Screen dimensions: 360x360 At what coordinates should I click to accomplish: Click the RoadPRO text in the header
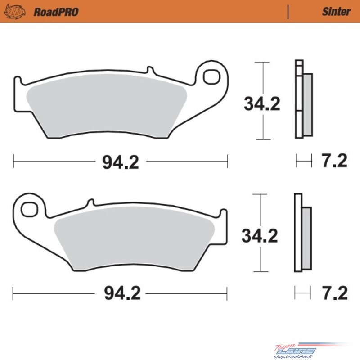[56, 12]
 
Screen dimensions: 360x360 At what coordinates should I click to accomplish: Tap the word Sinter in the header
[336, 12]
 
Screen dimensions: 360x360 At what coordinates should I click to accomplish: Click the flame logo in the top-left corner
[14, 11]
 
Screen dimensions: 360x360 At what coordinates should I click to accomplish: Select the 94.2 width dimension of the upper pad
[121, 162]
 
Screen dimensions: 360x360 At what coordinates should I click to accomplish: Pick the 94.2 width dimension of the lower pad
[122, 293]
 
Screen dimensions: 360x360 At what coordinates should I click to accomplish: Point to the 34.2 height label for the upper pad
[262, 104]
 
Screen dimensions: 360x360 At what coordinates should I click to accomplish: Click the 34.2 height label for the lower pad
[260, 236]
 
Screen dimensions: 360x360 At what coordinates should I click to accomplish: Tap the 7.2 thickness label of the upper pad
[334, 161]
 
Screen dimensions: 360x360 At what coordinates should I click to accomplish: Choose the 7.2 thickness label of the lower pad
[335, 293]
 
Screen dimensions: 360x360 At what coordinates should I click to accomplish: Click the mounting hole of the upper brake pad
[211, 76]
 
